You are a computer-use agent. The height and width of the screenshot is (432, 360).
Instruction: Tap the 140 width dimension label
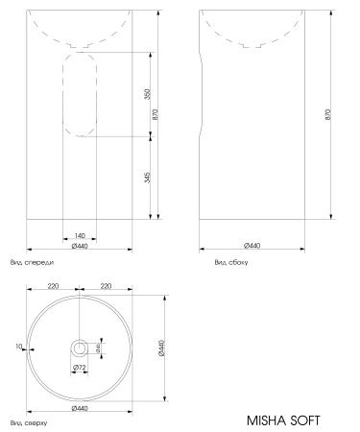point(80,235)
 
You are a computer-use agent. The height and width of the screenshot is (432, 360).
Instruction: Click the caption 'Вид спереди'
point(32,261)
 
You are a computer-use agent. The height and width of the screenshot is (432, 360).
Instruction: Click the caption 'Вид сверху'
point(29,421)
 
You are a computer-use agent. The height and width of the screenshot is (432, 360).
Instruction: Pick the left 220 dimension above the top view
point(54,285)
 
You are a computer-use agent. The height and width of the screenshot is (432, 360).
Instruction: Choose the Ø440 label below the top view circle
point(80,409)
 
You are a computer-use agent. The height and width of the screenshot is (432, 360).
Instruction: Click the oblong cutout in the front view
point(80,93)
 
